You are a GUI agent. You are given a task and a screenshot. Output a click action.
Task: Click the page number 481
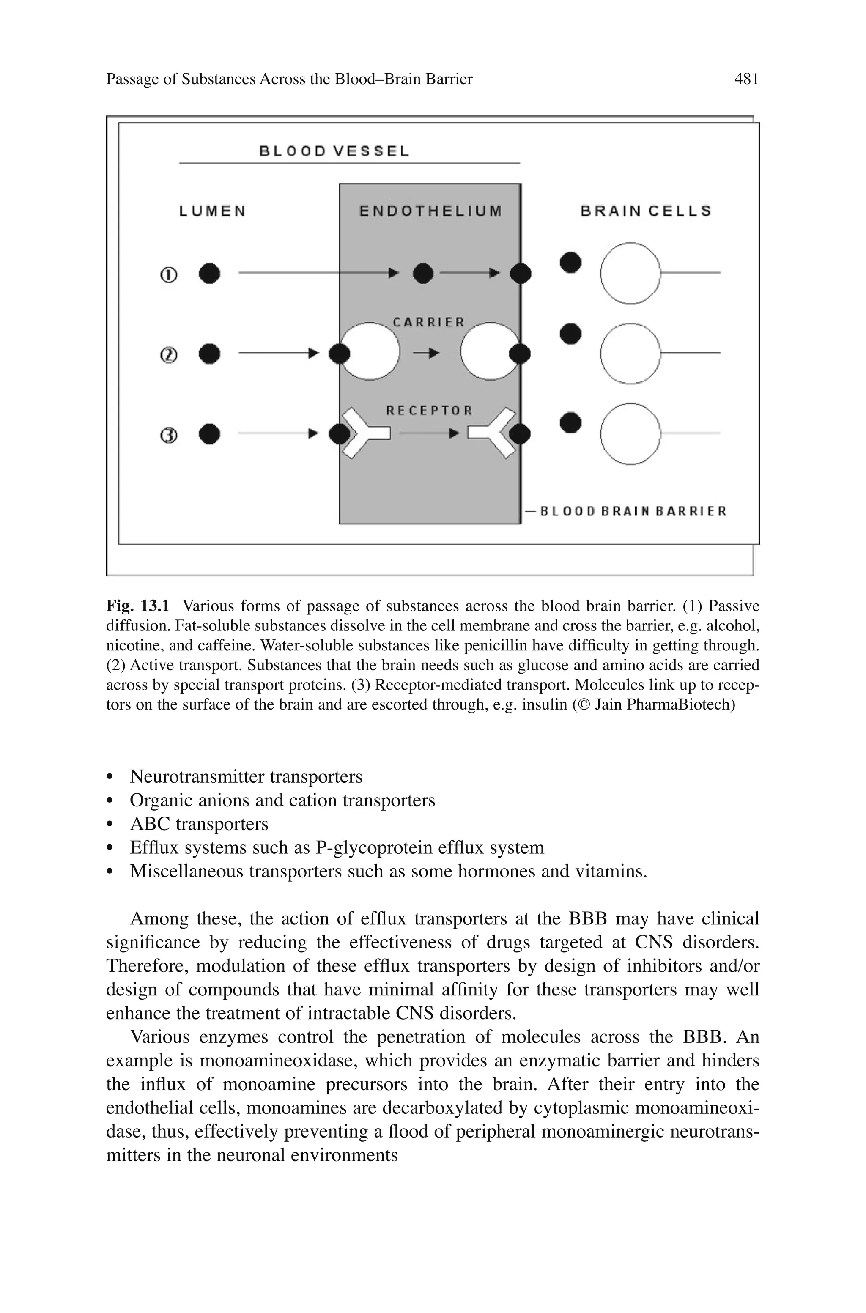[746, 79]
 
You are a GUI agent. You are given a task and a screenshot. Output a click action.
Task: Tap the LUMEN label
[213, 211]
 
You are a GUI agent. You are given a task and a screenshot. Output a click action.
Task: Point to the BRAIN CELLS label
[646, 211]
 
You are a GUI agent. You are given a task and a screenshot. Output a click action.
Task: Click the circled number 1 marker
[169, 274]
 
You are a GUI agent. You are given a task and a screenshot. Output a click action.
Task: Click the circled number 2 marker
[169, 355]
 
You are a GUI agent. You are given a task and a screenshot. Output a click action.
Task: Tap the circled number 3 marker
[169, 436]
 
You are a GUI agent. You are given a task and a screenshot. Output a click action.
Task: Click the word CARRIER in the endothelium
[429, 322]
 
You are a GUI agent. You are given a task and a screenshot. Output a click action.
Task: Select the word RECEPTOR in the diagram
[429, 410]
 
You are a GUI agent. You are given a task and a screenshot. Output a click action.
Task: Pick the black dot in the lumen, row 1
[209, 273]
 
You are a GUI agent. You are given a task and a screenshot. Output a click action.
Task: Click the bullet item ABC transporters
[199, 824]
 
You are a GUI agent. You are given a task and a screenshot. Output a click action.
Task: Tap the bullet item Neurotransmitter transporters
[246, 776]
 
